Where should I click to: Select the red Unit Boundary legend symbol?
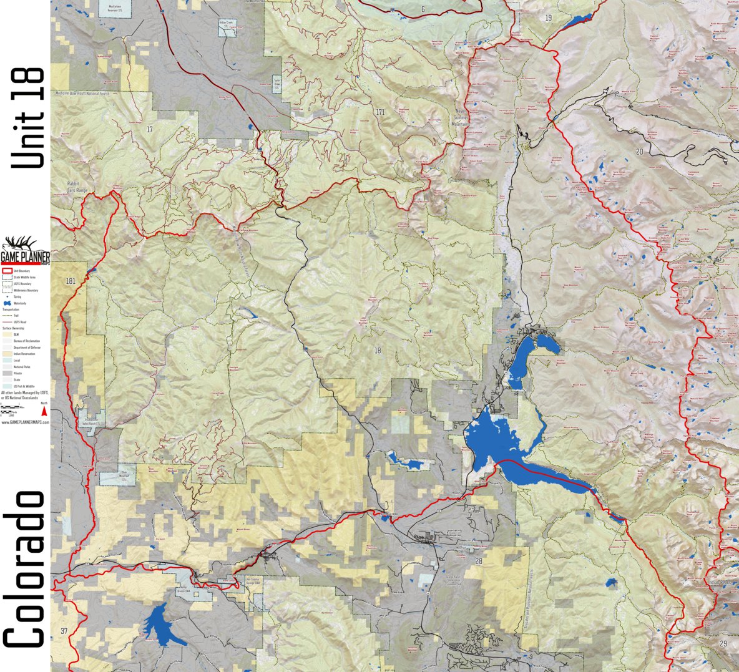pos(7,271)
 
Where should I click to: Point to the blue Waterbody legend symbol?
pos(7,303)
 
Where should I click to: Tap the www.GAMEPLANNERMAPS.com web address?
pos(25,422)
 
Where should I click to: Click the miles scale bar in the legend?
pos(12,407)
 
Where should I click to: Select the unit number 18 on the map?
pos(377,350)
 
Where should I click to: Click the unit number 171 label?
pos(380,112)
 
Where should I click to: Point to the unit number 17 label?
pos(149,129)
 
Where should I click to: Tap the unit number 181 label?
pos(70,281)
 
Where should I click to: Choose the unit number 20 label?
pos(639,152)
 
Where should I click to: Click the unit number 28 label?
pos(479,562)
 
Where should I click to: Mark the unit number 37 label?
pos(64,631)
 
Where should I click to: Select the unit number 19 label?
pos(548,17)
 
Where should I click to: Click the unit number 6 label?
pos(423,9)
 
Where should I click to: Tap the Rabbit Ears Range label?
pos(80,186)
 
